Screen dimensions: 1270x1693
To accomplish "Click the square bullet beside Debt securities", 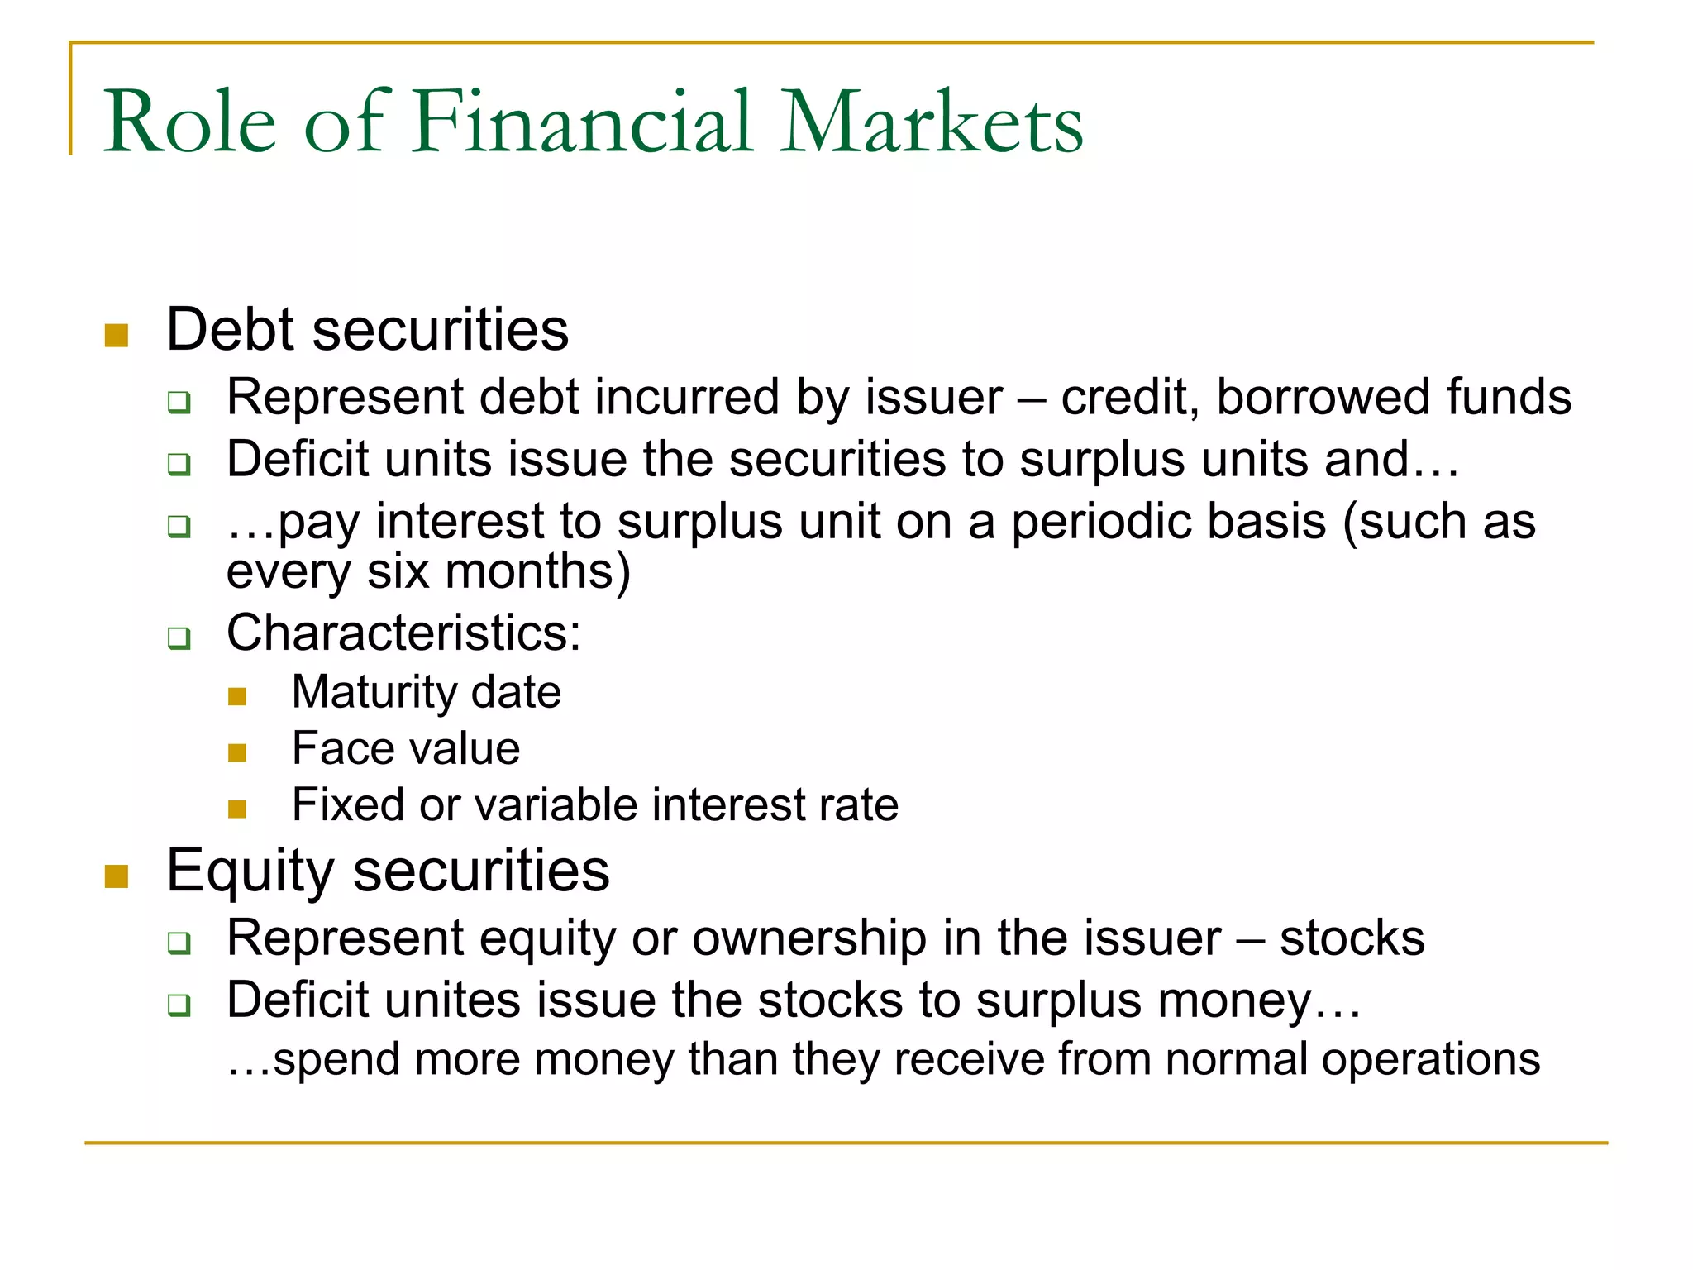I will point(117,335).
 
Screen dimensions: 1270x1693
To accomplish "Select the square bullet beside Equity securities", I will point(117,876).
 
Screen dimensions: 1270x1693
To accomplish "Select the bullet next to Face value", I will point(237,752).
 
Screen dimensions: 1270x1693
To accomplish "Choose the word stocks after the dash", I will point(1352,938).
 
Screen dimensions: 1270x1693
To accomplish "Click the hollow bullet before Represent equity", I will point(179,943).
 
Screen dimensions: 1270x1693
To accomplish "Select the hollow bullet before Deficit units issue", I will point(179,465).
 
